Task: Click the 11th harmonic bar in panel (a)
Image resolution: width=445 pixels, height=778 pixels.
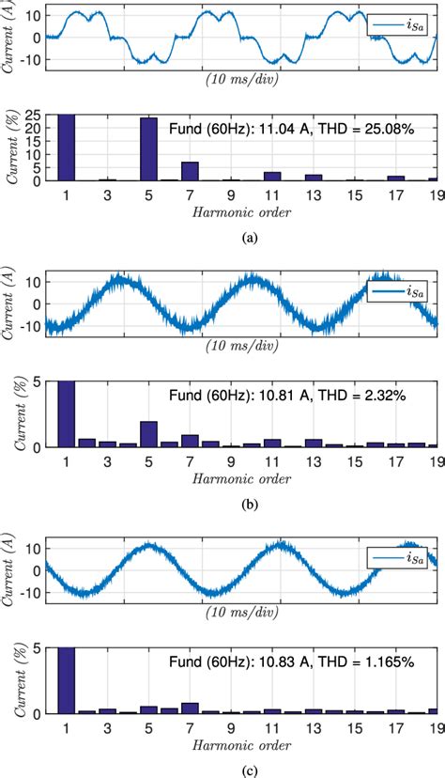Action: tap(272, 176)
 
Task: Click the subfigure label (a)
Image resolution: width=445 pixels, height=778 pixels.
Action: tap(249, 239)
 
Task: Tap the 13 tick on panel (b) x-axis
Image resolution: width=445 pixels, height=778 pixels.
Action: tap(314, 460)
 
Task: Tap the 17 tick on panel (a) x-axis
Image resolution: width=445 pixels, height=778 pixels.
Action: tap(396, 194)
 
